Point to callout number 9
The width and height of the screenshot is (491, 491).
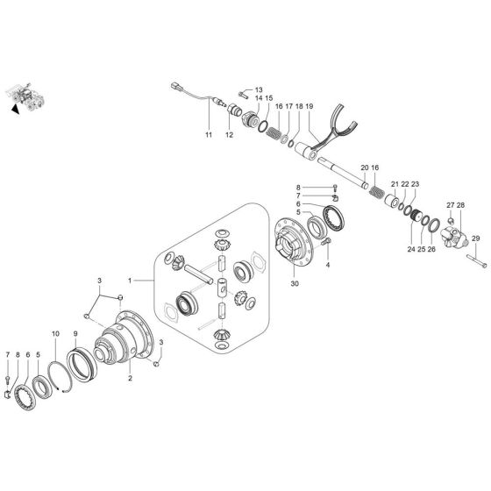(x=75, y=334)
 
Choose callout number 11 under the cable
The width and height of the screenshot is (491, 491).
(x=209, y=135)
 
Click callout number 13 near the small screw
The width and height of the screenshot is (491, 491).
(x=259, y=90)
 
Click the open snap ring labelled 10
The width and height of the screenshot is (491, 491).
(x=67, y=377)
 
